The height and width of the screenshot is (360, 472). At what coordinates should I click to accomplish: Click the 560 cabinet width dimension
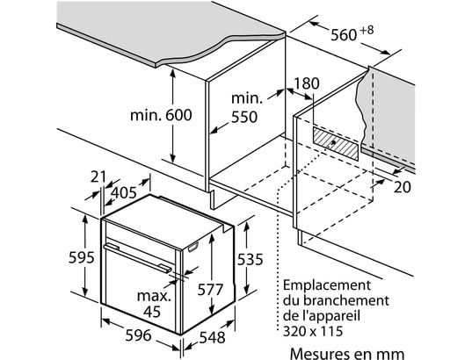[x=344, y=35]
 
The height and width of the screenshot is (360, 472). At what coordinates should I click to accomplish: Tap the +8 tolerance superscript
[x=367, y=31]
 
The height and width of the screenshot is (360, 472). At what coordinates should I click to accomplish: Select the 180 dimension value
[x=306, y=83]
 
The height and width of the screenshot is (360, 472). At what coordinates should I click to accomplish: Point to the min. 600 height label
[x=161, y=115]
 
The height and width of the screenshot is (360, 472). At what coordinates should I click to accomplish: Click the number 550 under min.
[x=244, y=117]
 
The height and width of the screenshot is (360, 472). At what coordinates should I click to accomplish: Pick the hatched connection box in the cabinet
[x=336, y=143]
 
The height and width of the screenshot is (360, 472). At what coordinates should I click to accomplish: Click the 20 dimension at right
[x=403, y=187]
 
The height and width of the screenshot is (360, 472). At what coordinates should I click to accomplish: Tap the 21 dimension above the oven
[x=98, y=176]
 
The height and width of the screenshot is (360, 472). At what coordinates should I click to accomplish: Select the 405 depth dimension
[x=124, y=193]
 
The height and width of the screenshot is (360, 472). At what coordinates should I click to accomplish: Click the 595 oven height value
[x=81, y=258]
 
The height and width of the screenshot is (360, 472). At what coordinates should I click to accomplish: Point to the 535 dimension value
[x=250, y=259]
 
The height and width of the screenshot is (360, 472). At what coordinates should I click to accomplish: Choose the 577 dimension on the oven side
[x=210, y=290]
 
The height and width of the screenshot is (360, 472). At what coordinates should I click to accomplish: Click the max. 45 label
[x=154, y=304]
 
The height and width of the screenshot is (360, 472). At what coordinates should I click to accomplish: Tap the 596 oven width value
[x=138, y=335]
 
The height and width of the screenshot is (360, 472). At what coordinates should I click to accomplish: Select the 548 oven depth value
[x=212, y=337]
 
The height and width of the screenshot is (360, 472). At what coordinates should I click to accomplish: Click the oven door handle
[x=137, y=257]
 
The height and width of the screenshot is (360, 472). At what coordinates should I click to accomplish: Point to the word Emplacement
[x=327, y=285]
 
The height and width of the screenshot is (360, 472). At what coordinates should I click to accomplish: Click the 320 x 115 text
[x=313, y=331]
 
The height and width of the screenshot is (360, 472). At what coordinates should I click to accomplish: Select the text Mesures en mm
[x=347, y=354]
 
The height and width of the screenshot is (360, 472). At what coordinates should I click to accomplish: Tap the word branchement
[x=345, y=300]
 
